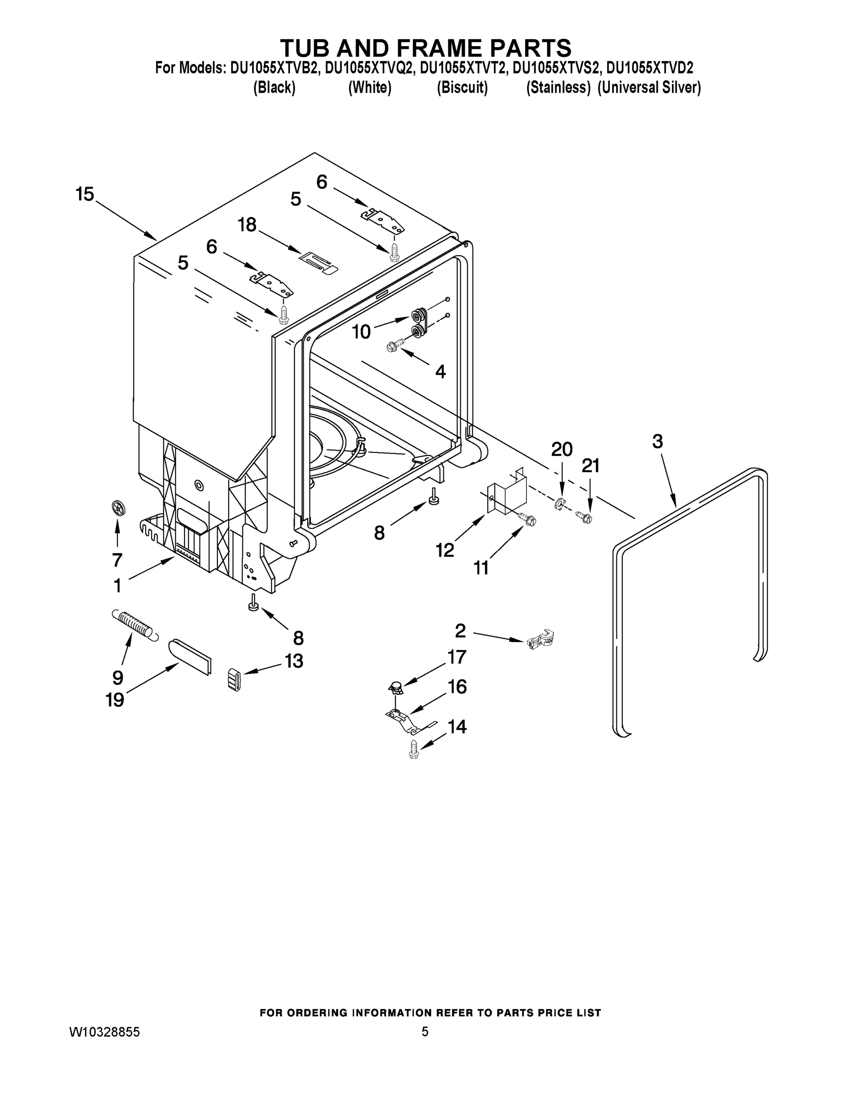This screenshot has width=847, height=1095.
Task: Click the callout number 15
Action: point(85,194)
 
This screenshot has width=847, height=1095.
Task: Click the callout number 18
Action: point(247,224)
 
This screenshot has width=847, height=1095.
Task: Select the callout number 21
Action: point(590,466)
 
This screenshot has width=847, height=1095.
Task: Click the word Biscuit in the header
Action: point(462,88)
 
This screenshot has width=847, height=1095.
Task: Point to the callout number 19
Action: point(115,699)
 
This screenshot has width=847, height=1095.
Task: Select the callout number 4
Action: point(440,371)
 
